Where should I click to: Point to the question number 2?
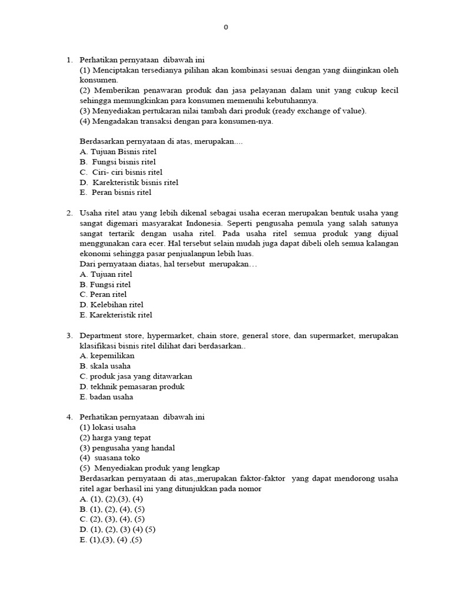click(69, 213)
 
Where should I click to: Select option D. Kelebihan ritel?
click(112, 304)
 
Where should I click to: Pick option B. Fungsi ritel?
click(105, 284)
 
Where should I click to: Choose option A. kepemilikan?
click(107, 356)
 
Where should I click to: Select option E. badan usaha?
click(107, 397)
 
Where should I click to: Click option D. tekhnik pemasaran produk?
click(132, 386)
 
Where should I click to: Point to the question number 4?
click(69, 417)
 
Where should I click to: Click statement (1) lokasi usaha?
click(108, 427)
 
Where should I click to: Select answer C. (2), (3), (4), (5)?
click(112, 519)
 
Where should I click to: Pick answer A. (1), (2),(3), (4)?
click(112, 498)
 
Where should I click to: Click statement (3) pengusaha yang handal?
click(123, 448)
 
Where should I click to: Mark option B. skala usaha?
click(105, 366)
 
